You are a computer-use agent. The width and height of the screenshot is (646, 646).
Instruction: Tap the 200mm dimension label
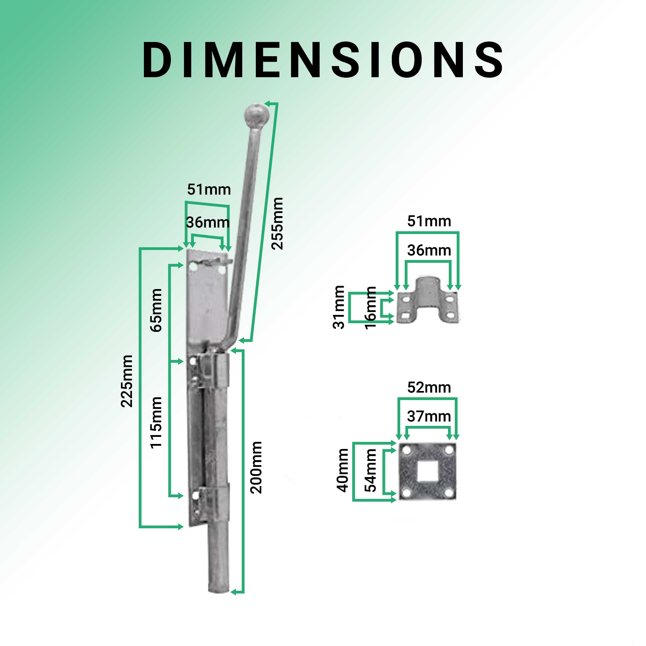pyautogui.click(x=256, y=467)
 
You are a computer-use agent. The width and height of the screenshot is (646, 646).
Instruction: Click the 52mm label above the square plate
pyautogui.click(x=429, y=388)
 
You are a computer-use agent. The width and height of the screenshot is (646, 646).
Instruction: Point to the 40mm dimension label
pyautogui.click(x=342, y=470)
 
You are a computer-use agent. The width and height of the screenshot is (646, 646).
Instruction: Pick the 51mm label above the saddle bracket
pyautogui.click(x=429, y=221)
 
